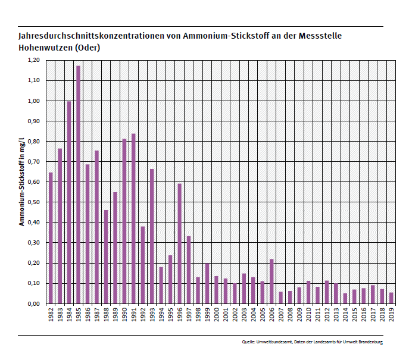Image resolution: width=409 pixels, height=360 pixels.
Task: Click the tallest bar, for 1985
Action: tap(78, 184)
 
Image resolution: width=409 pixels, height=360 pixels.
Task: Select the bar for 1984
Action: tap(69, 202)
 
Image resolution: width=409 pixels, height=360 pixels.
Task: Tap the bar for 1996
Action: tap(179, 243)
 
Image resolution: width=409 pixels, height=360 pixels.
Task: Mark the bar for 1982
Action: tap(51, 238)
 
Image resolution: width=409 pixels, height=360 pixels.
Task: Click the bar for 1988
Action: tap(106, 256)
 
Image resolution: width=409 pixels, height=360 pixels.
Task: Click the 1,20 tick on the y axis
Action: tap(33, 60)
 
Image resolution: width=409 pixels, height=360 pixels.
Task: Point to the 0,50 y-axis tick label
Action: tap(33, 202)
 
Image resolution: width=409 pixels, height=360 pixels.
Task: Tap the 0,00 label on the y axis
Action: tap(33, 303)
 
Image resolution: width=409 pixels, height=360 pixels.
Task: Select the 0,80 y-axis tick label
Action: tap(33, 142)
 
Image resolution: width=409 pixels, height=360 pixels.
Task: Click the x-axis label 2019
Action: tap(391, 314)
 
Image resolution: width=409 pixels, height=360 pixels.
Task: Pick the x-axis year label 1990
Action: tap(124, 314)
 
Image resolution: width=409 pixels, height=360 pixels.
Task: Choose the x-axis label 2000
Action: tap(216, 314)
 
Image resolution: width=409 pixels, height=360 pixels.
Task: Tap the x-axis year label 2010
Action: tap(308, 314)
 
